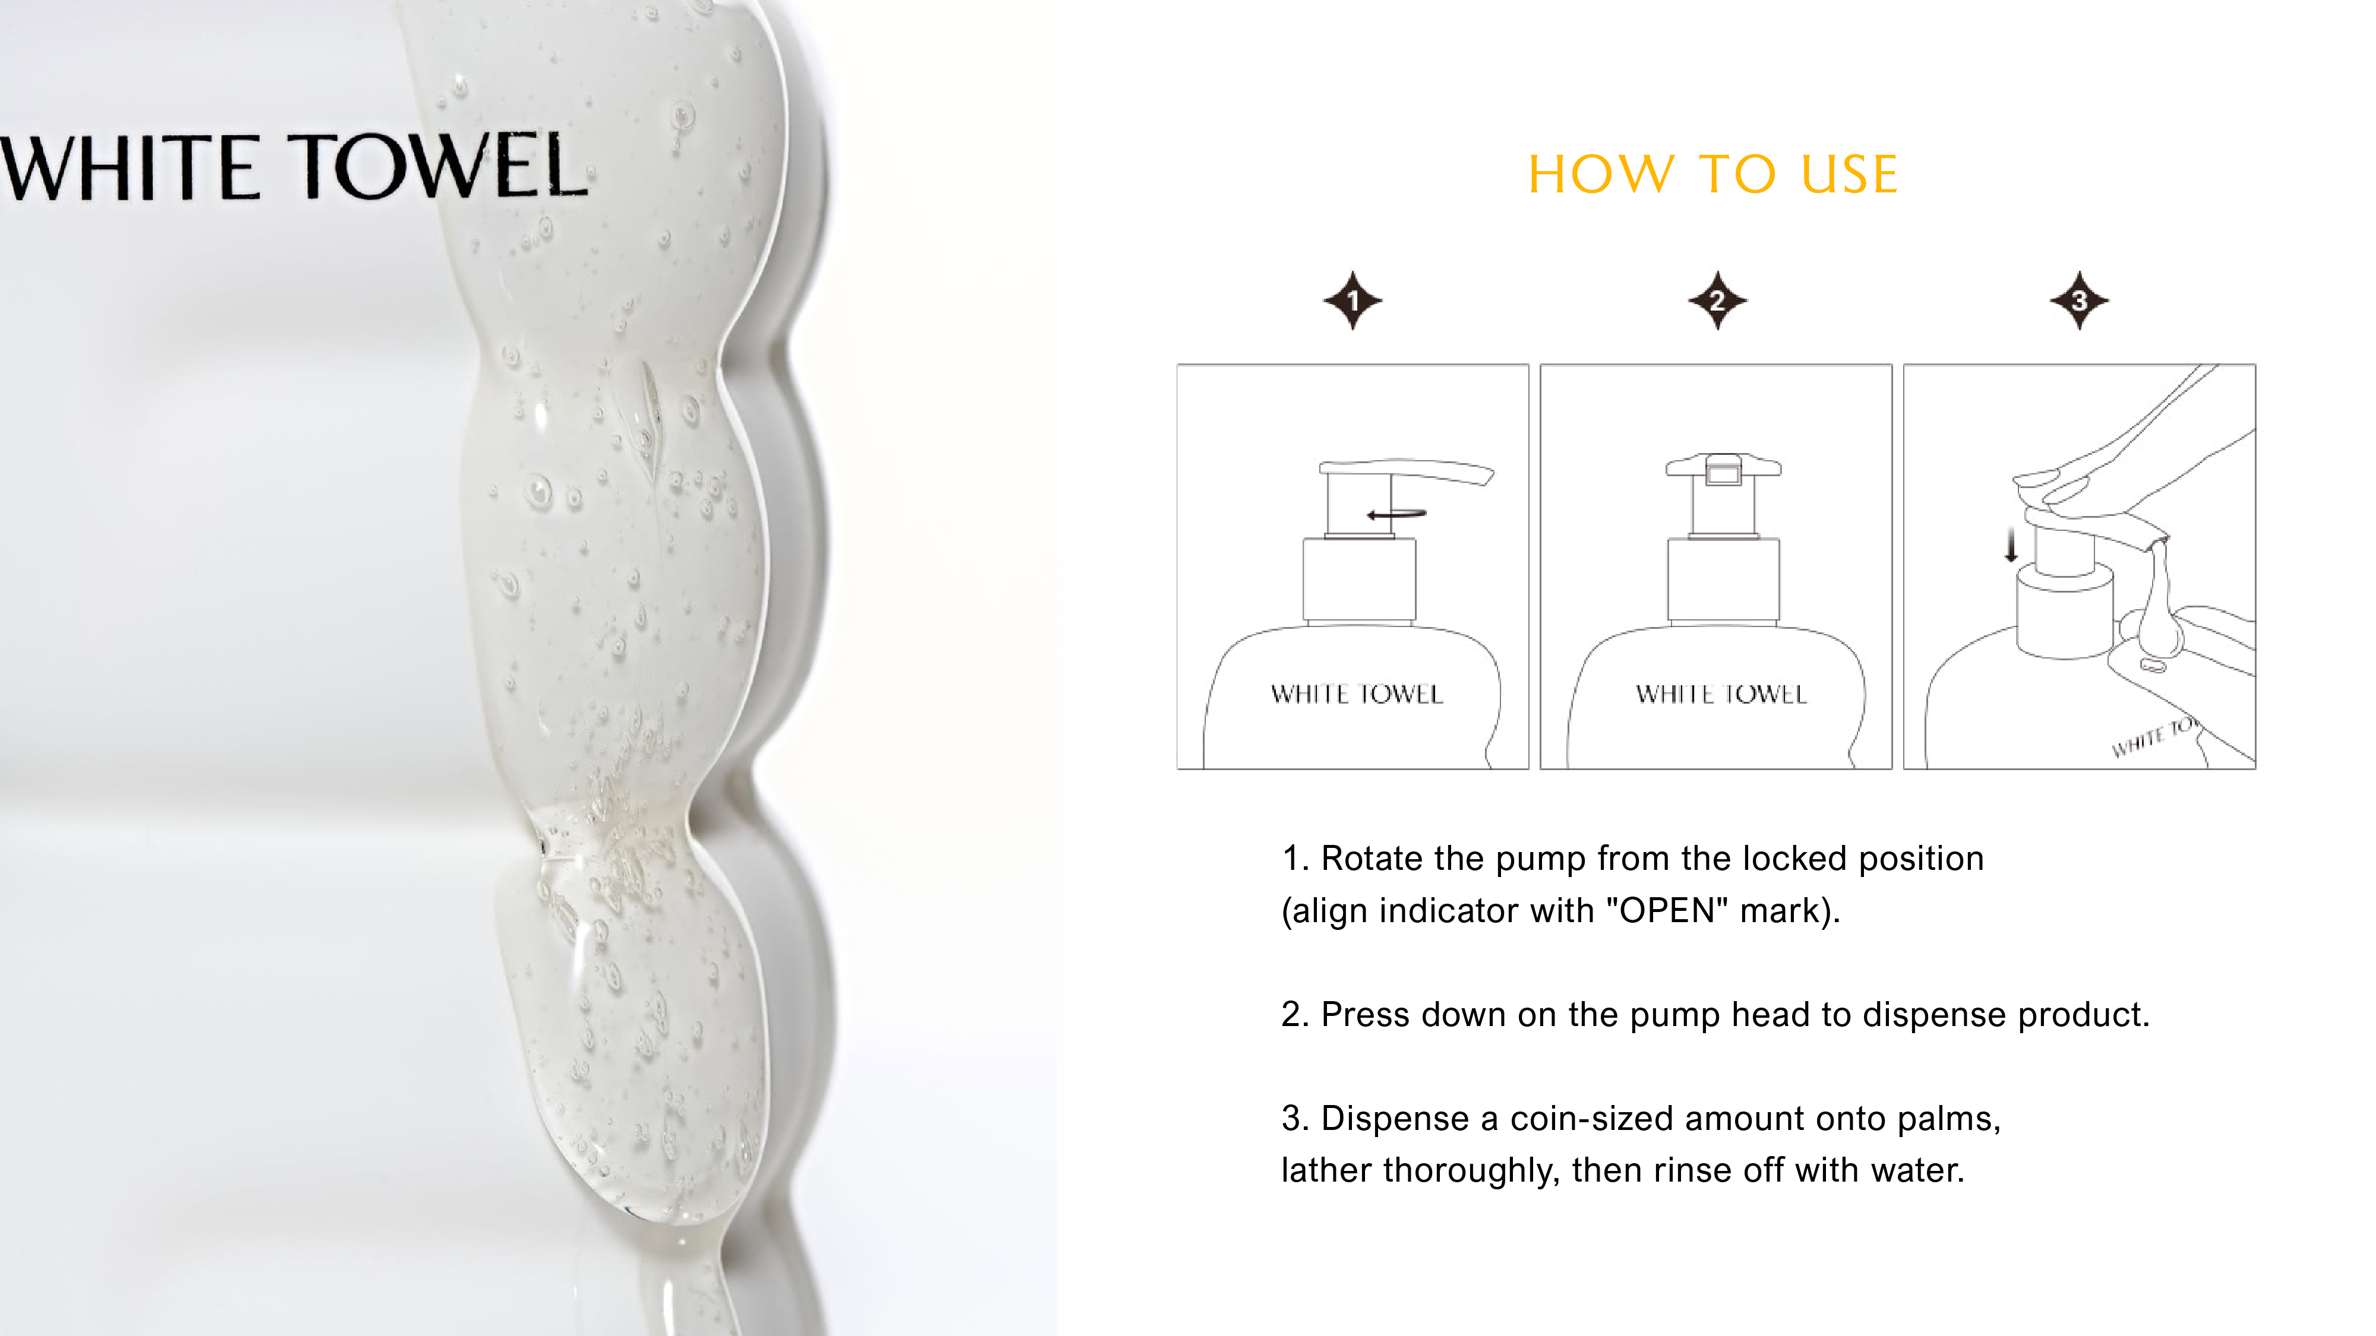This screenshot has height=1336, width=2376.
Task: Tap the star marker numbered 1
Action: (x=1352, y=300)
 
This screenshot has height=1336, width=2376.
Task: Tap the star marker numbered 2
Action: (x=1717, y=300)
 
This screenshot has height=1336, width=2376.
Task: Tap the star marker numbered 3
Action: (x=2079, y=300)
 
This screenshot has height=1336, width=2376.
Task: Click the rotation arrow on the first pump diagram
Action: (x=1395, y=514)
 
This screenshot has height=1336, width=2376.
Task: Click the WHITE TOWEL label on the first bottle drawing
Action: (x=1356, y=694)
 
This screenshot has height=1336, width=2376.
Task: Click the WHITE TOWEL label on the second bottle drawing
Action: (x=1721, y=694)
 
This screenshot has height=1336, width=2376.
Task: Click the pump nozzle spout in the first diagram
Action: (x=1457, y=473)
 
